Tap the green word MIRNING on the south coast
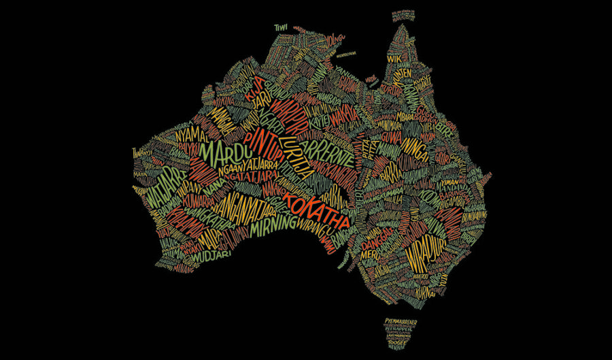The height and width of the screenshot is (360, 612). [273, 225]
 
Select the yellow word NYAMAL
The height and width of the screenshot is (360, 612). [191, 133]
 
